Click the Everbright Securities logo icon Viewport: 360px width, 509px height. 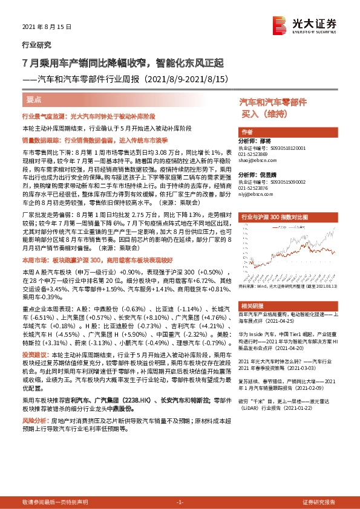(280, 24)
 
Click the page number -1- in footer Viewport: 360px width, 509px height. (179, 502)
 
